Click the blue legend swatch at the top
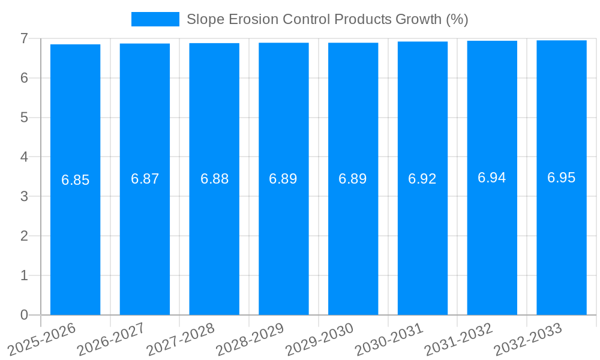pyautogui.click(x=155, y=19)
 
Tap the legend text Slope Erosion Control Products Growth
pyautogui.click(x=327, y=19)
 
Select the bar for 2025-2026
pyautogui.click(x=75, y=240)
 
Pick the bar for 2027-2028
pyautogui.click(x=214, y=240)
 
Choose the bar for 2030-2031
pyautogui.click(x=422, y=240)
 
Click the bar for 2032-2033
pyautogui.click(x=562, y=240)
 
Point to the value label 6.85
pyautogui.click(x=75, y=180)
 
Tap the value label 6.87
pyautogui.click(x=145, y=179)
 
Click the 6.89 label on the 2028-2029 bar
pyautogui.click(x=283, y=179)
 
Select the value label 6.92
pyautogui.click(x=422, y=179)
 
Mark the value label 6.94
pyautogui.click(x=492, y=178)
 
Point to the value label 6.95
pyautogui.click(x=562, y=178)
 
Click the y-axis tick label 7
pyautogui.click(x=24, y=38)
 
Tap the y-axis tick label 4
pyautogui.click(x=24, y=157)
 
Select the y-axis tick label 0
pyautogui.click(x=24, y=315)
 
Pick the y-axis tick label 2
pyautogui.click(x=24, y=236)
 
